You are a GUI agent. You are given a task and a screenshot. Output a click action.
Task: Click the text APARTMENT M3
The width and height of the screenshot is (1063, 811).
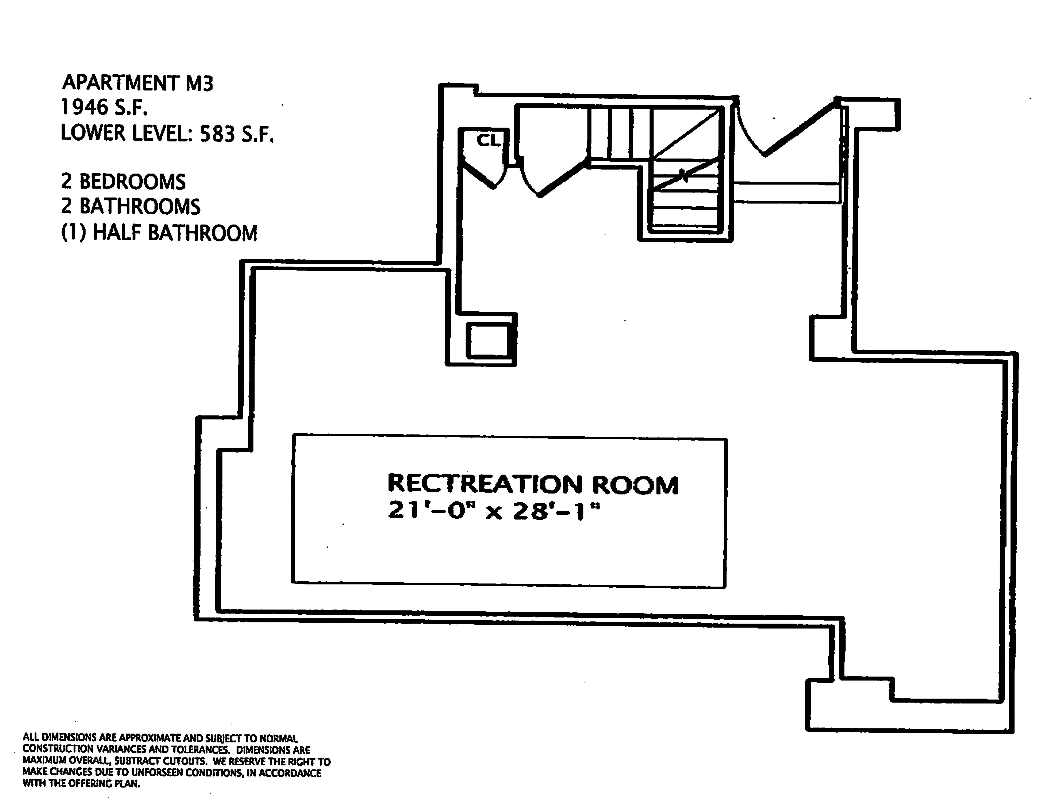[138, 83]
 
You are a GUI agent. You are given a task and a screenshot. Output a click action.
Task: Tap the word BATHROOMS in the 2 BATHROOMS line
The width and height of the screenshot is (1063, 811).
[139, 207]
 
